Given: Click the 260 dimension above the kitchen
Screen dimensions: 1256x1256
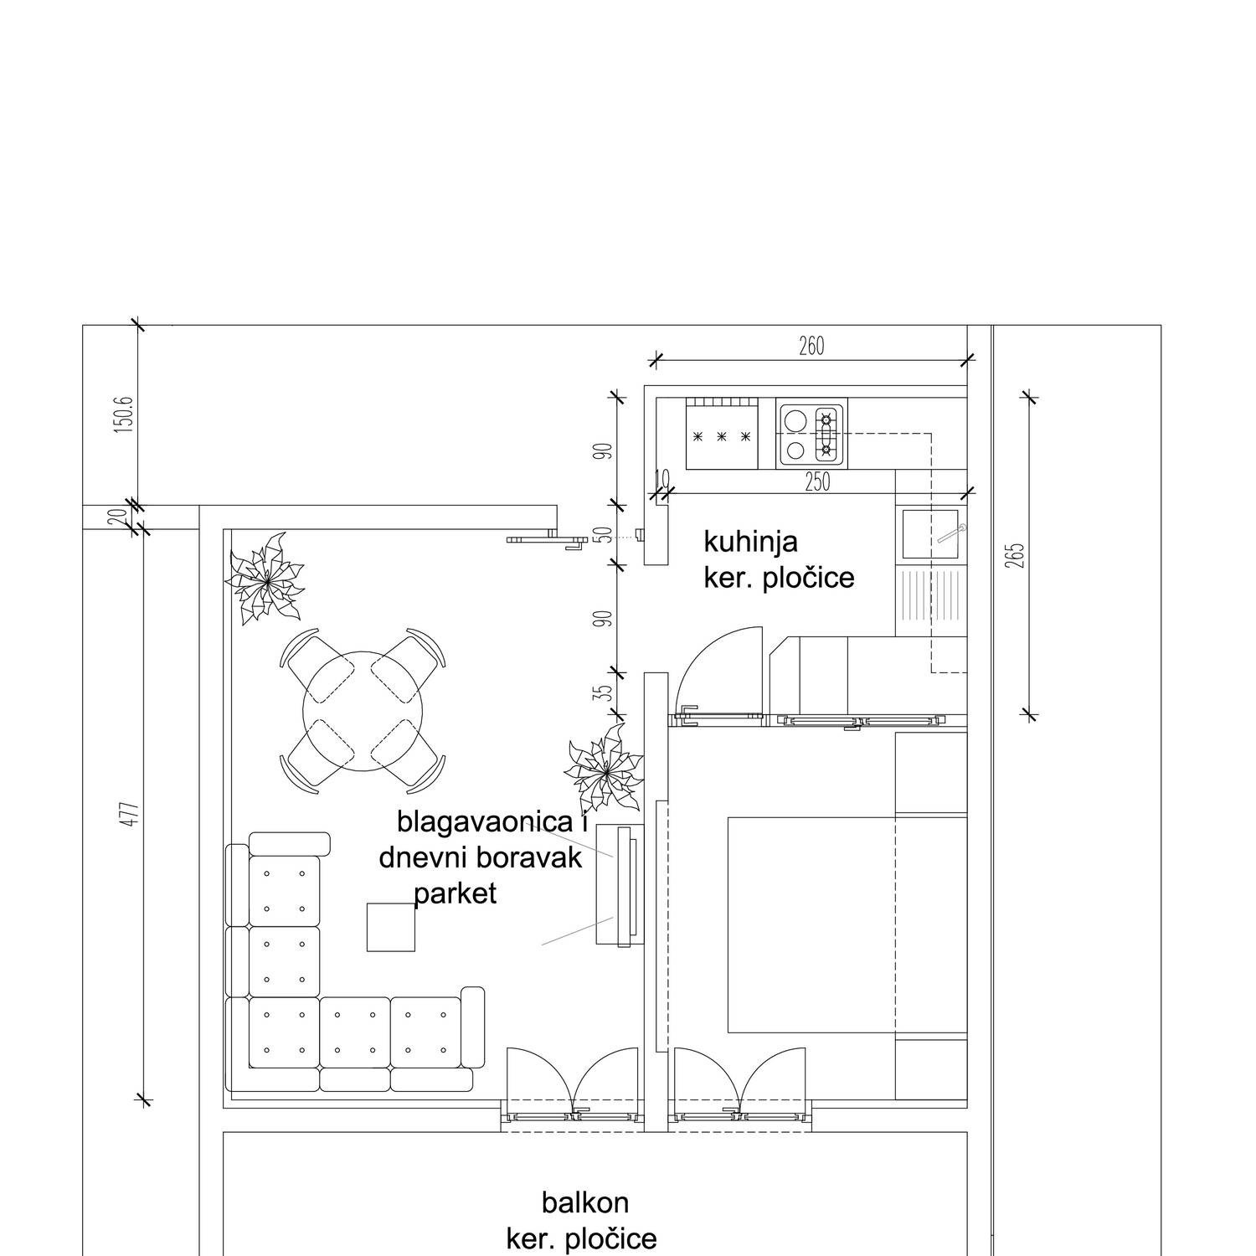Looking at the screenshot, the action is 811,346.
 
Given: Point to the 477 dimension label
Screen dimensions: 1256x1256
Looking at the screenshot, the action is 129,816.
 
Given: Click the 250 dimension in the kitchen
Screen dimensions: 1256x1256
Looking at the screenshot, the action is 817,482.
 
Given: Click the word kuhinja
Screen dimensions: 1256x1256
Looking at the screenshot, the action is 750,543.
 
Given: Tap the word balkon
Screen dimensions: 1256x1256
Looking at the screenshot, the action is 585,1203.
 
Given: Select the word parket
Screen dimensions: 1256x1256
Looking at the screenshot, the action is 456,894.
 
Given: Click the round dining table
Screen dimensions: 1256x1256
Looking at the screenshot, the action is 365,712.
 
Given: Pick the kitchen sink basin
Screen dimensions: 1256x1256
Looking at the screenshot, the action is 930,535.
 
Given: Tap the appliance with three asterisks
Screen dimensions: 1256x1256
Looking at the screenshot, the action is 722,434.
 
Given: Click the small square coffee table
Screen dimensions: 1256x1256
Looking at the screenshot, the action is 391,927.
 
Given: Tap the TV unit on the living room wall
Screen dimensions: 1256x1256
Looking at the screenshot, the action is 620,884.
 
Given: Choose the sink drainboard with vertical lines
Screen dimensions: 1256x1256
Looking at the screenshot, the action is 931,601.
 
